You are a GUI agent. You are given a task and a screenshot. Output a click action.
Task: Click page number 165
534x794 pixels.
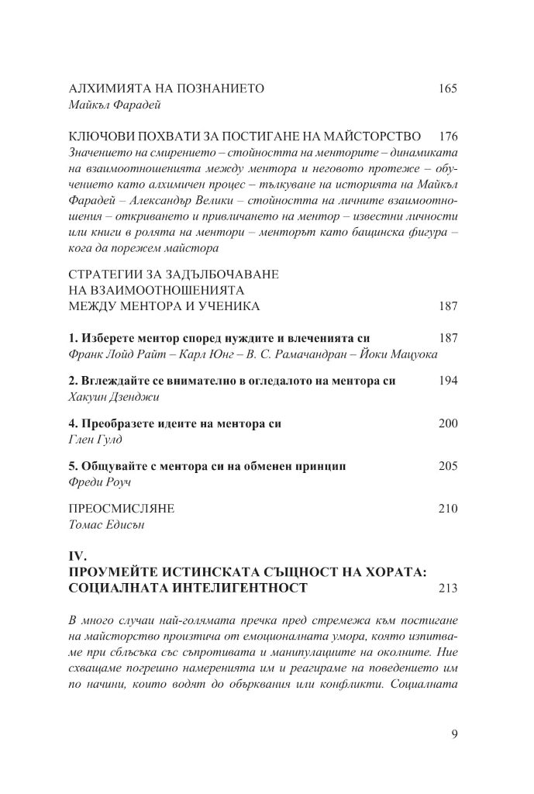coord(447,88)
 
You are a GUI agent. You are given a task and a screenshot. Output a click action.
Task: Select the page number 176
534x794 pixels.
coord(447,135)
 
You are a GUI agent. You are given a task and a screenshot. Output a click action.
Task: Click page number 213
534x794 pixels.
coord(447,589)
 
